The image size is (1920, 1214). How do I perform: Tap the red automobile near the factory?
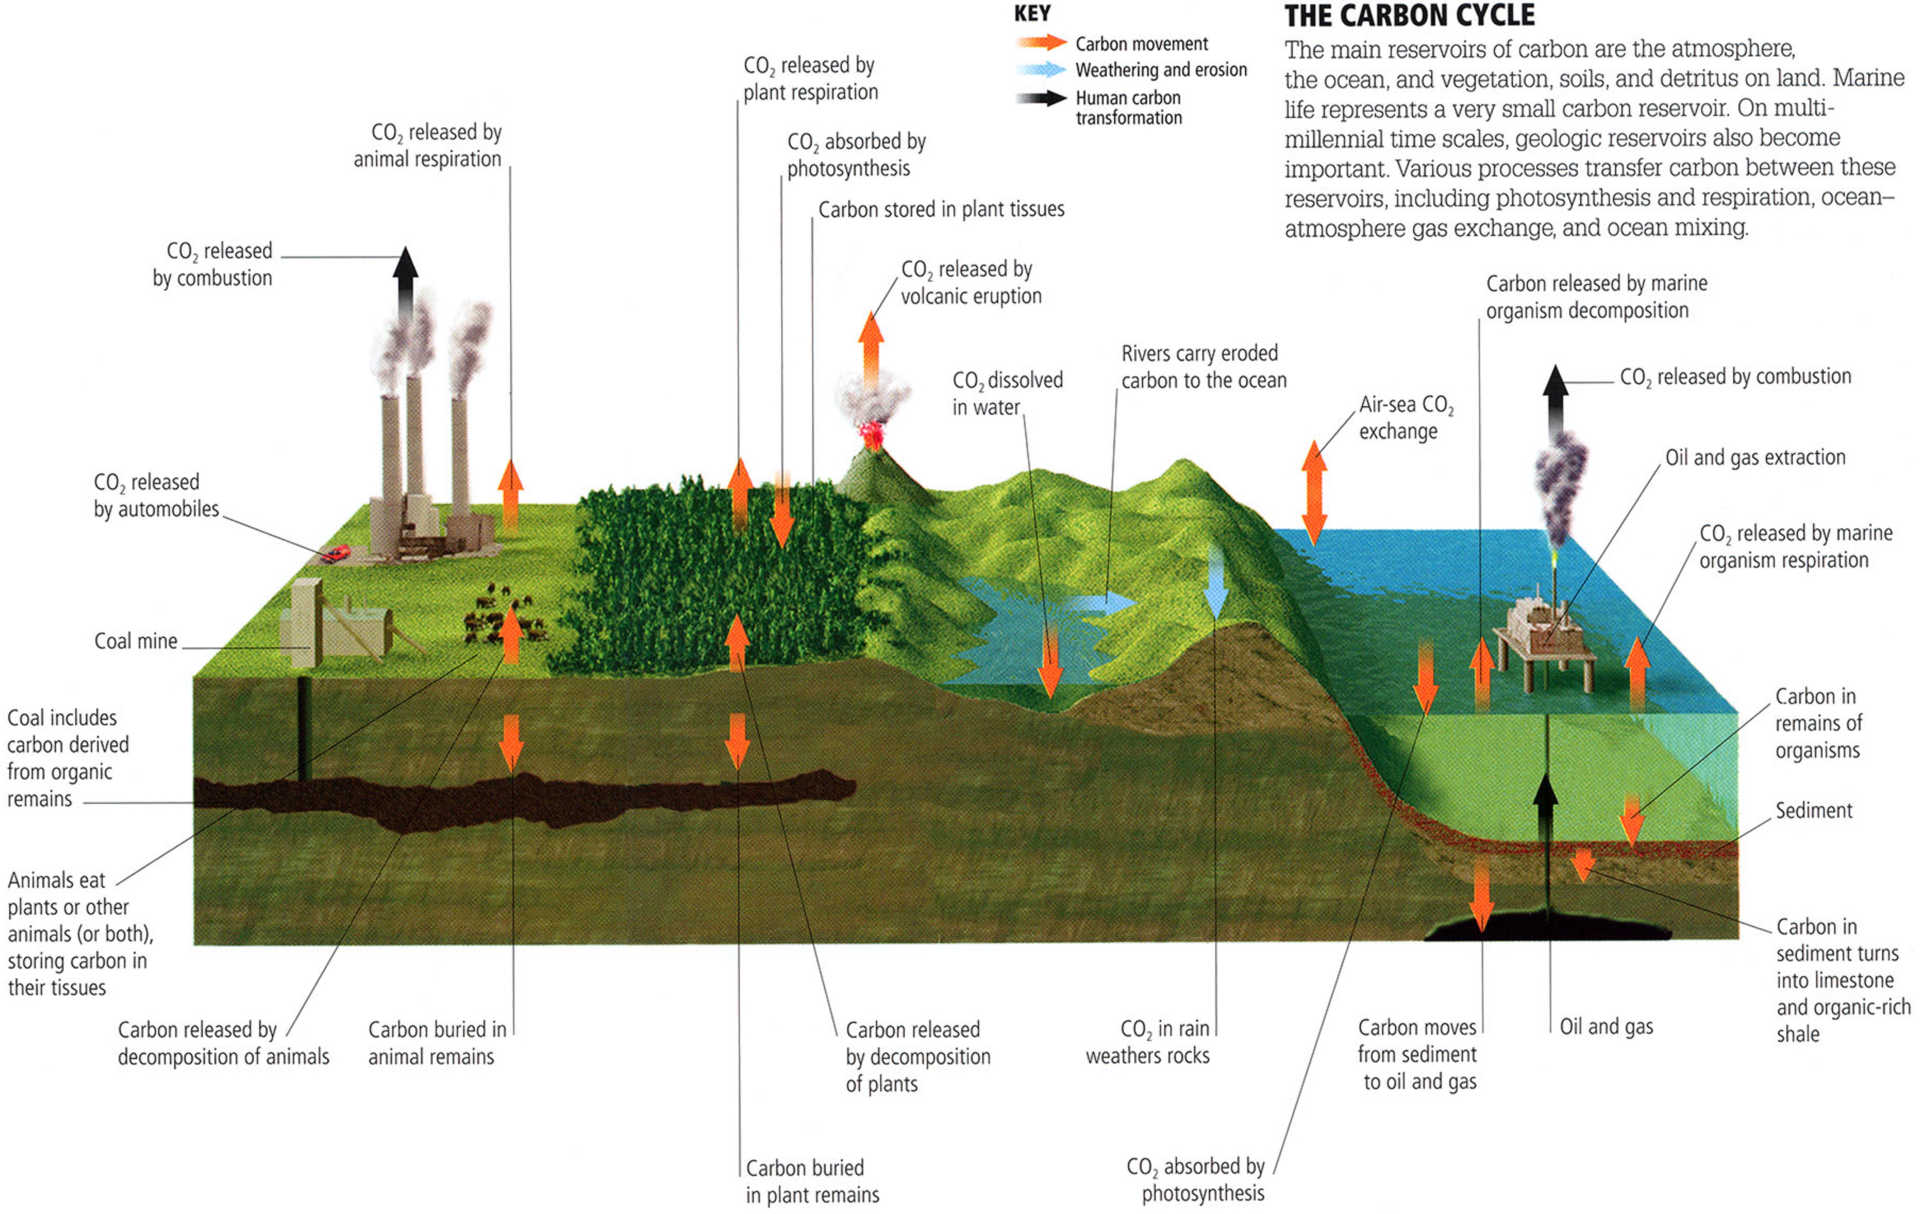point(336,553)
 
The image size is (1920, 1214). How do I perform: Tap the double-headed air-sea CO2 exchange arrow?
point(1314,493)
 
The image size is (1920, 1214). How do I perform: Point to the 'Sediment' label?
point(1814,811)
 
